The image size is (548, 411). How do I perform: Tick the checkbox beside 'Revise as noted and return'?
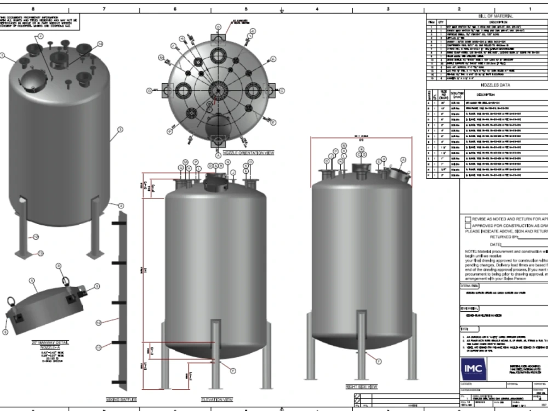tap(467, 219)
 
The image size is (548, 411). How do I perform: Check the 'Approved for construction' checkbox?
tap(467, 225)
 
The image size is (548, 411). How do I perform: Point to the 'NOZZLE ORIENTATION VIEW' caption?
tap(218, 153)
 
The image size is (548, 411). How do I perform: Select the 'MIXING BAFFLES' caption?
tap(120, 400)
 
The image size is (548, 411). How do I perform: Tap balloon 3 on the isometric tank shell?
tap(120, 130)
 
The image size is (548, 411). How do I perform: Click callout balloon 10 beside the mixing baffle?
tap(99, 322)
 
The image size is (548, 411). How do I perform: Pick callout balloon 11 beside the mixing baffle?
tap(99, 347)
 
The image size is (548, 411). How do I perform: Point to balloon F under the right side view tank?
tap(378, 360)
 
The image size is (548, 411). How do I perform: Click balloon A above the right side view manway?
tap(403, 159)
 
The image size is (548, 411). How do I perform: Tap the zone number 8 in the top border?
tap(34, 9)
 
